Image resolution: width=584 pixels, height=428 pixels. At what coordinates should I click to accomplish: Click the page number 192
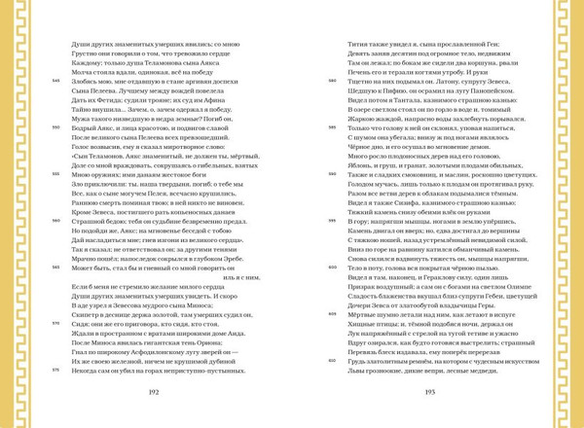(x=153, y=392)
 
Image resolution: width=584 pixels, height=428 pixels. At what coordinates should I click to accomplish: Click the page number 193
(x=429, y=392)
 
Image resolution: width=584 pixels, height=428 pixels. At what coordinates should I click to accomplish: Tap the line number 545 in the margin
(x=56, y=81)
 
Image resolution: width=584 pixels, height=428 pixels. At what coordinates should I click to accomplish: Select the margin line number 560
(x=56, y=221)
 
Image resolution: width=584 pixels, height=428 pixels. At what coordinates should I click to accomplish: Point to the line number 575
(x=56, y=370)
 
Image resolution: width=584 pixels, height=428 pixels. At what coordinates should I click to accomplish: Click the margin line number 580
(x=333, y=81)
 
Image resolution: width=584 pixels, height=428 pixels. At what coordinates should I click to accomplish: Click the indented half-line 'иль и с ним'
(x=241, y=276)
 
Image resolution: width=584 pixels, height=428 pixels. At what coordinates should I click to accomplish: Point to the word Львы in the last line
(x=358, y=370)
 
